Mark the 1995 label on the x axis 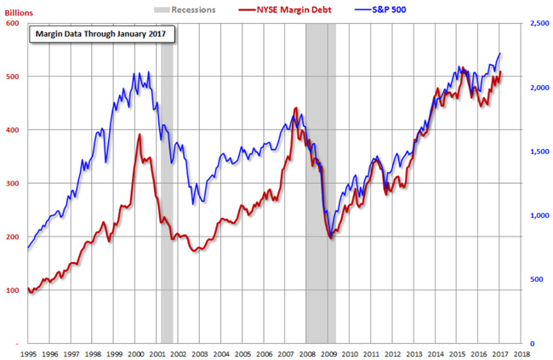point(28,352)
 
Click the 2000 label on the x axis point(134,352)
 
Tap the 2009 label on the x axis point(327,352)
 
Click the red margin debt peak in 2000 point(140,134)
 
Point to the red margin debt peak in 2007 point(295,108)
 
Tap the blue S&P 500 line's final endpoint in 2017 point(499,54)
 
